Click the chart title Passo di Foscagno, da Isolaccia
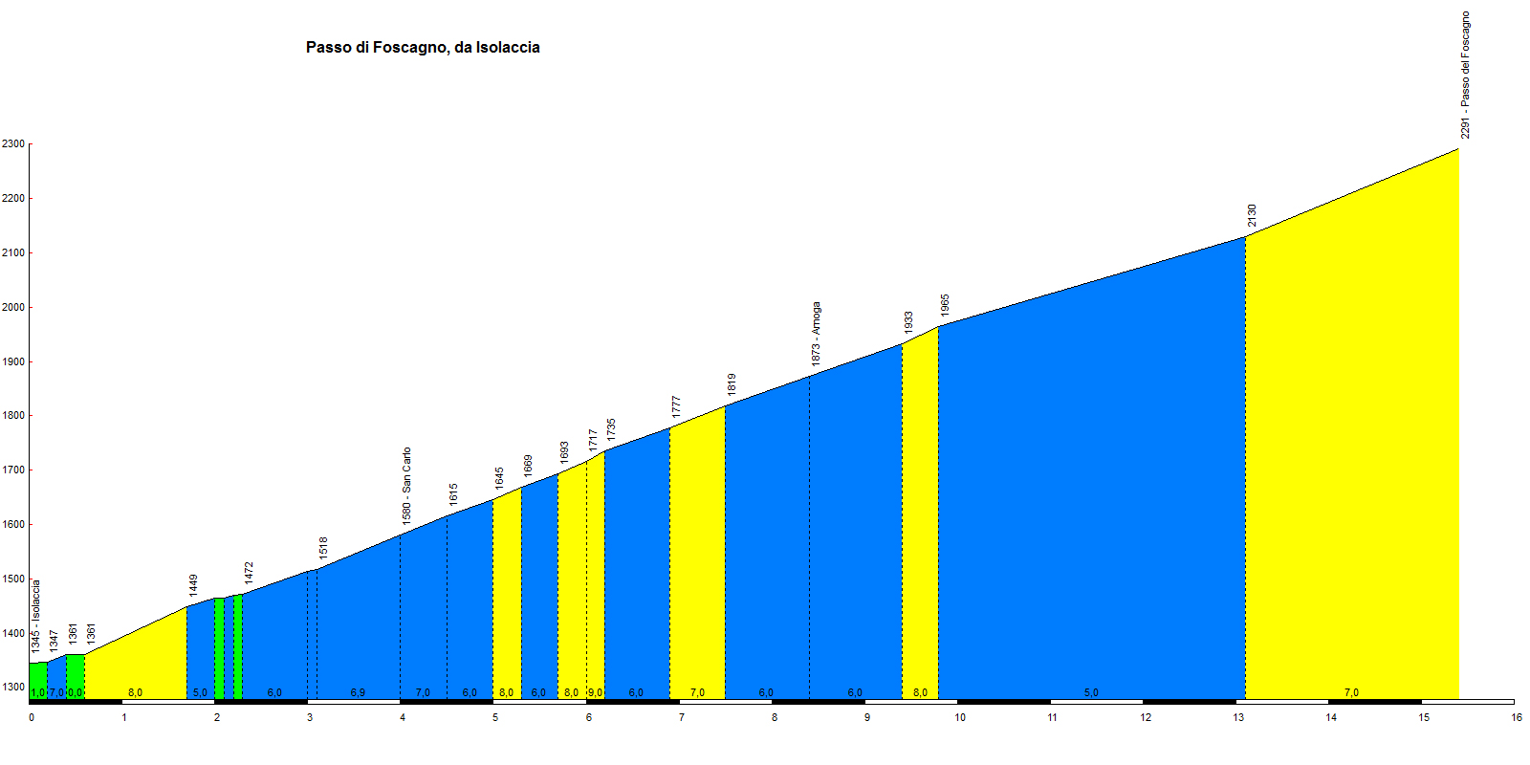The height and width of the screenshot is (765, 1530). click(x=423, y=47)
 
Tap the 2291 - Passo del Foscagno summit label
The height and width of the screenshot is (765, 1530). click(x=1465, y=76)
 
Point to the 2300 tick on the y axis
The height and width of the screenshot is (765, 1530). click(x=13, y=144)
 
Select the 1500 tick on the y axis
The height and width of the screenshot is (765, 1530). click(x=13, y=579)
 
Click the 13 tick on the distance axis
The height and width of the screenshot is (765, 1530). click(x=1238, y=717)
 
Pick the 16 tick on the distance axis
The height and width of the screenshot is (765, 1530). click(x=1517, y=717)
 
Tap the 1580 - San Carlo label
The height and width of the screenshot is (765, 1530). click(x=406, y=486)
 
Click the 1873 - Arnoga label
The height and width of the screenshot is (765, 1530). click(x=816, y=334)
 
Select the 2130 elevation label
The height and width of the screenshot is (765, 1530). click(x=1252, y=216)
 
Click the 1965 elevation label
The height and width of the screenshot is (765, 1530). click(x=945, y=306)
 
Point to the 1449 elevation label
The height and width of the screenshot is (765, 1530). click(x=193, y=585)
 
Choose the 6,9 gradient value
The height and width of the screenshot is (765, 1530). click(x=358, y=692)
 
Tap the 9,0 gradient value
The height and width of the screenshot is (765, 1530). click(x=595, y=692)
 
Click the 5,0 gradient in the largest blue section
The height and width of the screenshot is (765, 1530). click(x=1091, y=692)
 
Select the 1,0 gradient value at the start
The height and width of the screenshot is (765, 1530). click(x=37, y=692)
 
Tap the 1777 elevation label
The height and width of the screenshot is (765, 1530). click(x=676, y=406)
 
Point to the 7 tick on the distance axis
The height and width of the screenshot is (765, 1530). click(x=682, y=717)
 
